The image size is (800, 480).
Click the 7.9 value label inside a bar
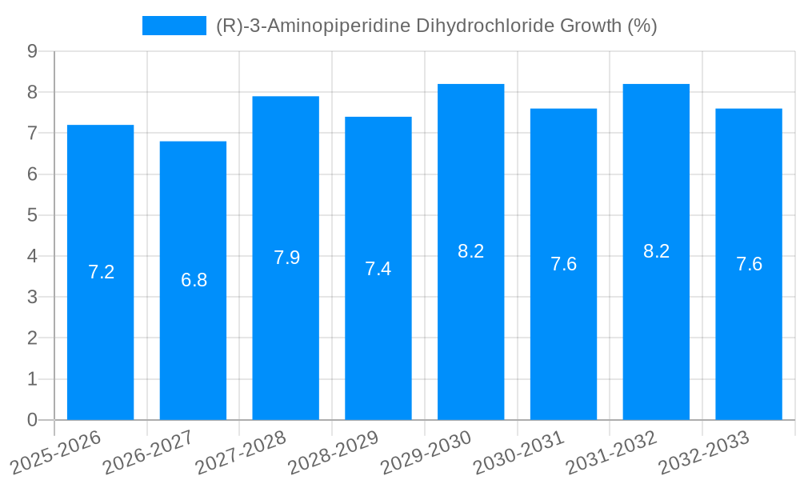pyautogui.click(x=286, y=258)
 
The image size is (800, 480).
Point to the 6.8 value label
pyautogui.click(x=194, y=280)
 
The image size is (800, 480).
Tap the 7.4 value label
pyautogui.click(x=378, y=269)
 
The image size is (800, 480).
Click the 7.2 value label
pyautogui.click(x=101, y=272)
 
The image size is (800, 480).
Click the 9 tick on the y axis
pyautogui.click(x=32, y=51)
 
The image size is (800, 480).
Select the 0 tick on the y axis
pyautogui.click(x=32, y=420)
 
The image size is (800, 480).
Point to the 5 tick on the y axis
pyautogui.click(x=32, y=215)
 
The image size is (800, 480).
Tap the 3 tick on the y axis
pyautogui.click(x=32, y=297)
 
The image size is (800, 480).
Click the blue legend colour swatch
pyautogui.click(x=174, y=26)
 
